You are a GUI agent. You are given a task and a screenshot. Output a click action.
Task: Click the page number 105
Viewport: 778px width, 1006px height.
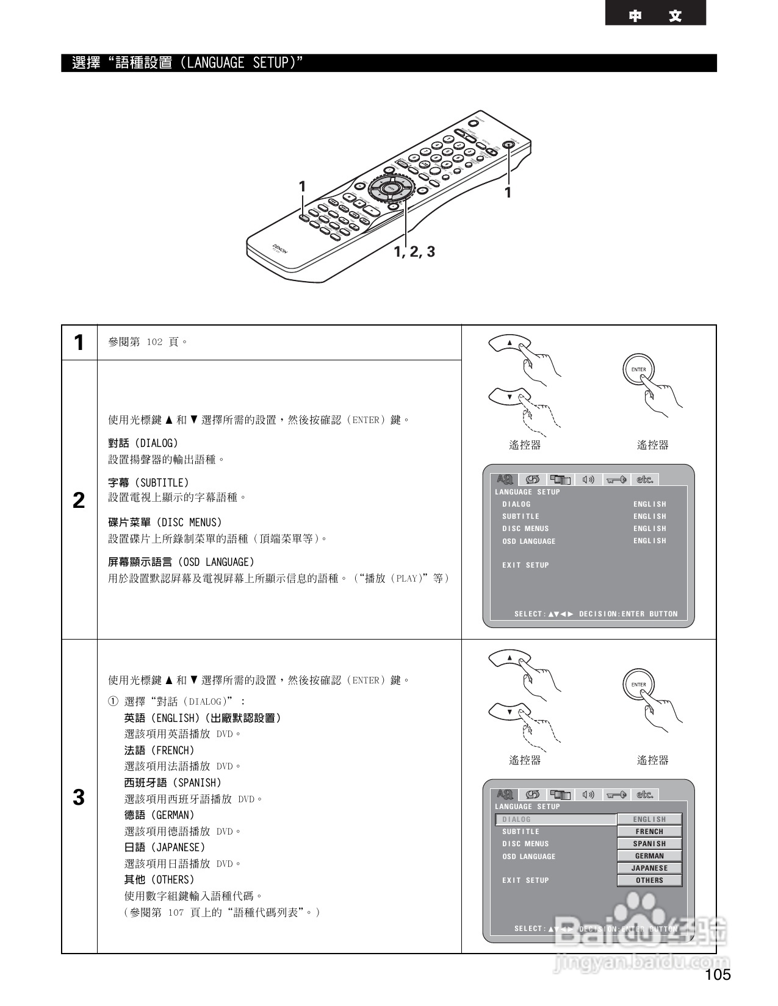(x=718, y=974)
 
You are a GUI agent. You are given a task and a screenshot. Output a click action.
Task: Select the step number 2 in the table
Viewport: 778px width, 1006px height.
(x=79, y=501)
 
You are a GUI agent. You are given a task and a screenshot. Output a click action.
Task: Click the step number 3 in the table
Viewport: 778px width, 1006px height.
(x=79, y=797)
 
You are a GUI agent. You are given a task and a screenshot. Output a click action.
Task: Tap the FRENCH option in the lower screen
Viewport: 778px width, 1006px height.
(x=649, y=832)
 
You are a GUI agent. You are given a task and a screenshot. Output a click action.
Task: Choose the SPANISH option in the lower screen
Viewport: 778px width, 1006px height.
(x=649, y=844)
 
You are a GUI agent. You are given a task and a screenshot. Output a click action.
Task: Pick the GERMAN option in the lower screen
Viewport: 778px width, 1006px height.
(x=649, y=856)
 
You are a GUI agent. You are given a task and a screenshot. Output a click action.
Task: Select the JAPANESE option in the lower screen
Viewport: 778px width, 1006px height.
(x=649, y=868)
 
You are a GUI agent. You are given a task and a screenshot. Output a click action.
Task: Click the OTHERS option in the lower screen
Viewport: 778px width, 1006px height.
(x=649, y=880)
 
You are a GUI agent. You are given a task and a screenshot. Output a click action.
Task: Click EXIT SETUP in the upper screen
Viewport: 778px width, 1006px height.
(x=525, y=565)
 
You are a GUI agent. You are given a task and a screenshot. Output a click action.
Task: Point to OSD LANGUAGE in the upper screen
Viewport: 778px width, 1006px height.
(x=528, y=541)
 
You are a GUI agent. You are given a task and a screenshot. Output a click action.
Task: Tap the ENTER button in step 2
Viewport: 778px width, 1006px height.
(x=639, y=369)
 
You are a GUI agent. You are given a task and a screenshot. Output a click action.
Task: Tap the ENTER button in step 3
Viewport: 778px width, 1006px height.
(x=639, y=685)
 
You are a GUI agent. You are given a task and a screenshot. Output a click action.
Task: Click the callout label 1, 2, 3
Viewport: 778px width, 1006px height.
(x=414, y=252)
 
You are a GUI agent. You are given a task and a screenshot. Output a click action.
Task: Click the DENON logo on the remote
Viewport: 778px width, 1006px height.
(x=279, y=249)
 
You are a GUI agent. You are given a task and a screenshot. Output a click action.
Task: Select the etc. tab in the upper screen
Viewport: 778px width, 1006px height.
(x=645, y=480)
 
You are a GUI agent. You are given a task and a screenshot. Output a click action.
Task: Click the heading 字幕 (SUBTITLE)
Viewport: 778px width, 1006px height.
(x=148, y=482)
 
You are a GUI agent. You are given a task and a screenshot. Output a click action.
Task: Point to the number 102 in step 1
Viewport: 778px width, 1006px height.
(x=154, y=342)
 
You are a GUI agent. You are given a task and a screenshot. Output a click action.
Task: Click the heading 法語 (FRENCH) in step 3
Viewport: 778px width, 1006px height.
(x=159, y=751)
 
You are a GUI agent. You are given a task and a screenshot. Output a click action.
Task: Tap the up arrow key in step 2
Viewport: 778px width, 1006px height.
(x=510, y=343)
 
